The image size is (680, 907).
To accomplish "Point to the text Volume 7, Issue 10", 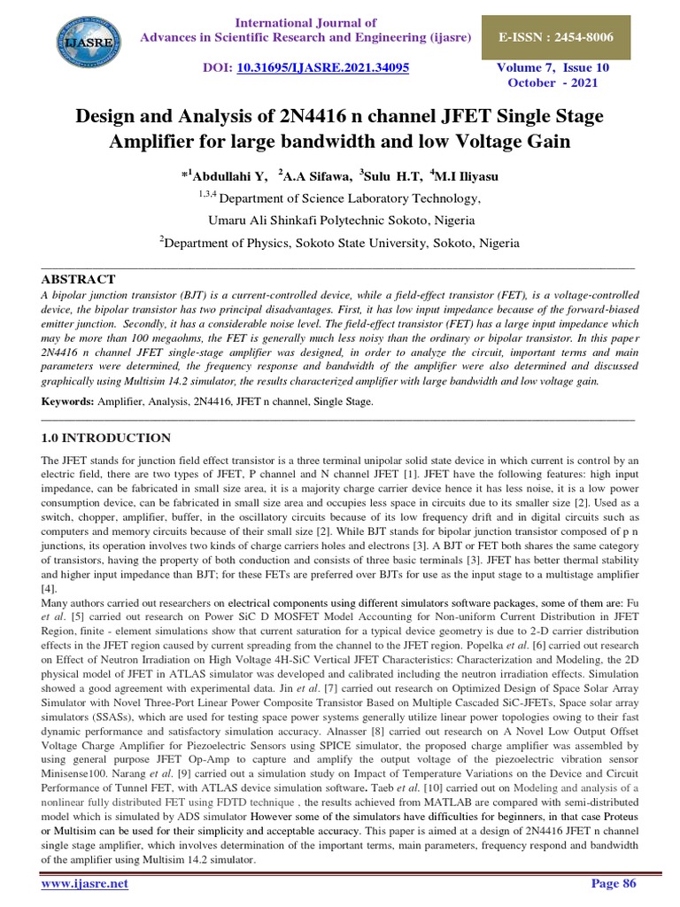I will pos(553,66).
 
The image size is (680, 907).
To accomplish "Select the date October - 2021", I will pos(553,82).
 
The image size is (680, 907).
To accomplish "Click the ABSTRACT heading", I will pos(79,279).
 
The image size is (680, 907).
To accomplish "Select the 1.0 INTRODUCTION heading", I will pos(107,438).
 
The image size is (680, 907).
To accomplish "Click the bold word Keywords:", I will pos(68,402).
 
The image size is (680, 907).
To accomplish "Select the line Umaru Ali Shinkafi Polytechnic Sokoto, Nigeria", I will pos(340,220).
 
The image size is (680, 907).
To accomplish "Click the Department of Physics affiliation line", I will pos(340,242).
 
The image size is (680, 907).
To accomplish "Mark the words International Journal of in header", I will pos(305,22).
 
